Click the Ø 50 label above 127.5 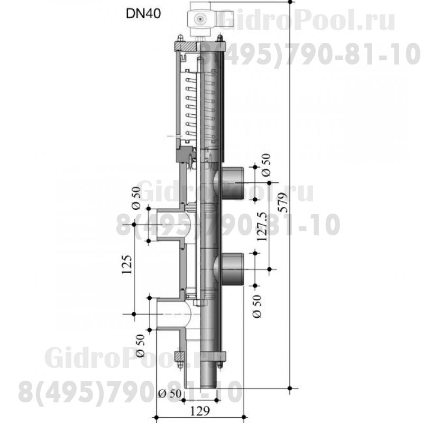point(266,165)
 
